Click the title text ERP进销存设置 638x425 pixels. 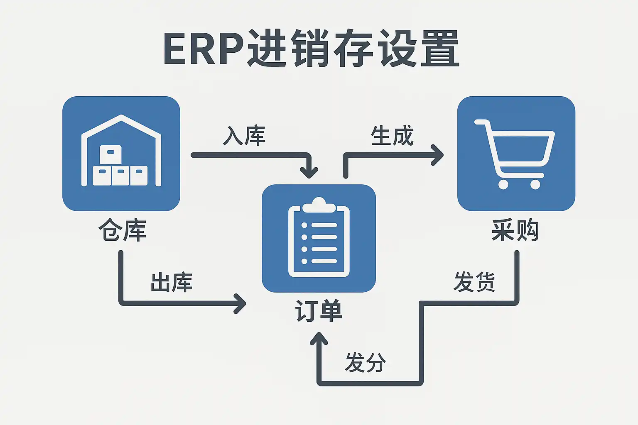pyautogui.click(x=312, y=49)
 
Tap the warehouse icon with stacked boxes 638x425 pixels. pyautogui.click(x=121, y=153)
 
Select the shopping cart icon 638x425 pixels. pyautogui.click(x=516, y=153)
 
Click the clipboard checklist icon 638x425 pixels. pyautogui.click(x=319, y=238)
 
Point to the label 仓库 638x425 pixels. pyautogui.click(x=122, y=230)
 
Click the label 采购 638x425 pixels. pyautogui.click(x=515, y=230)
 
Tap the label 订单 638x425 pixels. pyautogui.click(x=319, y=311)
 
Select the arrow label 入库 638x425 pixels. pyautogui.click(x=244, y=136)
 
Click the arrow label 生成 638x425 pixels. pyautogui.click(x=392, y=136)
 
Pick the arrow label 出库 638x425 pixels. pyautogui.click(x=171, y=283)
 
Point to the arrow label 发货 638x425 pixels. pyautogui.click(x=474, y=282)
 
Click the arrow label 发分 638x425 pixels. pyautogui.click(x=365, y=362)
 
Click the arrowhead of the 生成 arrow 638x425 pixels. pyautogui.click(x=438, y=155)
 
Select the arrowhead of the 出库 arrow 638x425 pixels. pyautogui.click(x=240, y=303)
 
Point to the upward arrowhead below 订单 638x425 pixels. pyautogui.click(x=319, y=339)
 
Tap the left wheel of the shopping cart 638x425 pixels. pyautogui.click(x=503, y=184)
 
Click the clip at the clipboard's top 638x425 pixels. pyautogui.click(x=319, y=205)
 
